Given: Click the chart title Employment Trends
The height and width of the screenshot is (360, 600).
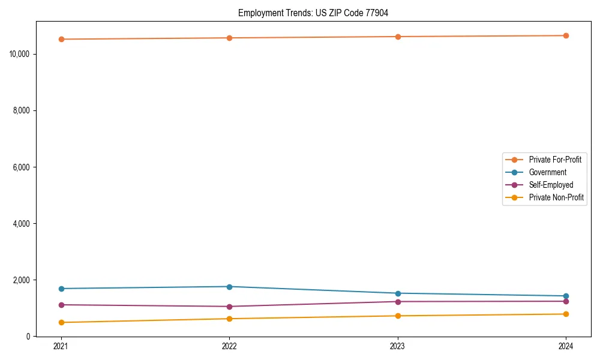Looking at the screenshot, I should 313,13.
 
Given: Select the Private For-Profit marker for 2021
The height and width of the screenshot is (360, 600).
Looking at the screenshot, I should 61,40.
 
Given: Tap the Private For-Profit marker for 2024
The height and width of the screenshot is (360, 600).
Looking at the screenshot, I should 566,35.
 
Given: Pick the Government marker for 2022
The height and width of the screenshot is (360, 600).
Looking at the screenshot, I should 229,286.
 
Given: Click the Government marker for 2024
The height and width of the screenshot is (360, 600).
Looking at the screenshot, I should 566,296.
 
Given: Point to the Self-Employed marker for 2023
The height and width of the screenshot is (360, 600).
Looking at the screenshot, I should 398,301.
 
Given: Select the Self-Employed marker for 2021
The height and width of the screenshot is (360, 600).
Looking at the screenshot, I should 61,305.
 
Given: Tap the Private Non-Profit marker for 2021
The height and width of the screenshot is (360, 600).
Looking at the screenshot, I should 61,322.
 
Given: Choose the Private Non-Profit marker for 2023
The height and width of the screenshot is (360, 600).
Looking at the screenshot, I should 398,316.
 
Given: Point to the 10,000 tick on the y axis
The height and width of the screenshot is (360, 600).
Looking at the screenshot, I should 20,54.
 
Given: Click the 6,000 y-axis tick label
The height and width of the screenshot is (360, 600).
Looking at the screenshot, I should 22,167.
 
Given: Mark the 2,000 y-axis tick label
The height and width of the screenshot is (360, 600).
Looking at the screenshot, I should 22,280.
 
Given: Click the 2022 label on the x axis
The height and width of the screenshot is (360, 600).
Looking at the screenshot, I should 229,346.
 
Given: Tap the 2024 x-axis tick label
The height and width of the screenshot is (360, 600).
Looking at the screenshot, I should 566,346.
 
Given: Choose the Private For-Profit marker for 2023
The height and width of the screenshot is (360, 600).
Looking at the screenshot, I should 398,37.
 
